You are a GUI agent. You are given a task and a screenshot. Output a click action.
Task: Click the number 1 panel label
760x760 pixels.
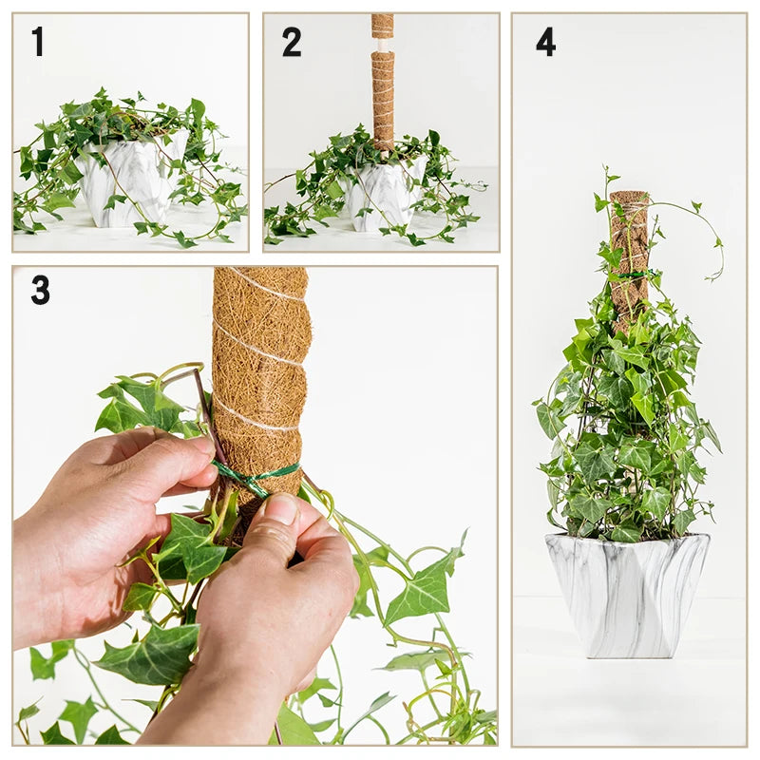[37, 41]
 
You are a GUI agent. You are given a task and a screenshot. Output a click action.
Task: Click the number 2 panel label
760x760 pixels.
[291, 41]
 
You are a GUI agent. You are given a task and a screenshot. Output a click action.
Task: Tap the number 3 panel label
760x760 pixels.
[40, 290]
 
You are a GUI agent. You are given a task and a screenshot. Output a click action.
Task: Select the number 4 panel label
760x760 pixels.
[545, 41]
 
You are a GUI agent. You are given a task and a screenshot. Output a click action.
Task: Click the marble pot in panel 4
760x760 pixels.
[627, 594]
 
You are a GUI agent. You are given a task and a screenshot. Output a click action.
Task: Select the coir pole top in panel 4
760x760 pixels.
[629, 199]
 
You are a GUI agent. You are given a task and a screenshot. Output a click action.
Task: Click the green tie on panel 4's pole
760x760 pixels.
[632, 276]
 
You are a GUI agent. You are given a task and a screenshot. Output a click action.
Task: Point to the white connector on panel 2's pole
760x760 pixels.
[382, 44]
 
